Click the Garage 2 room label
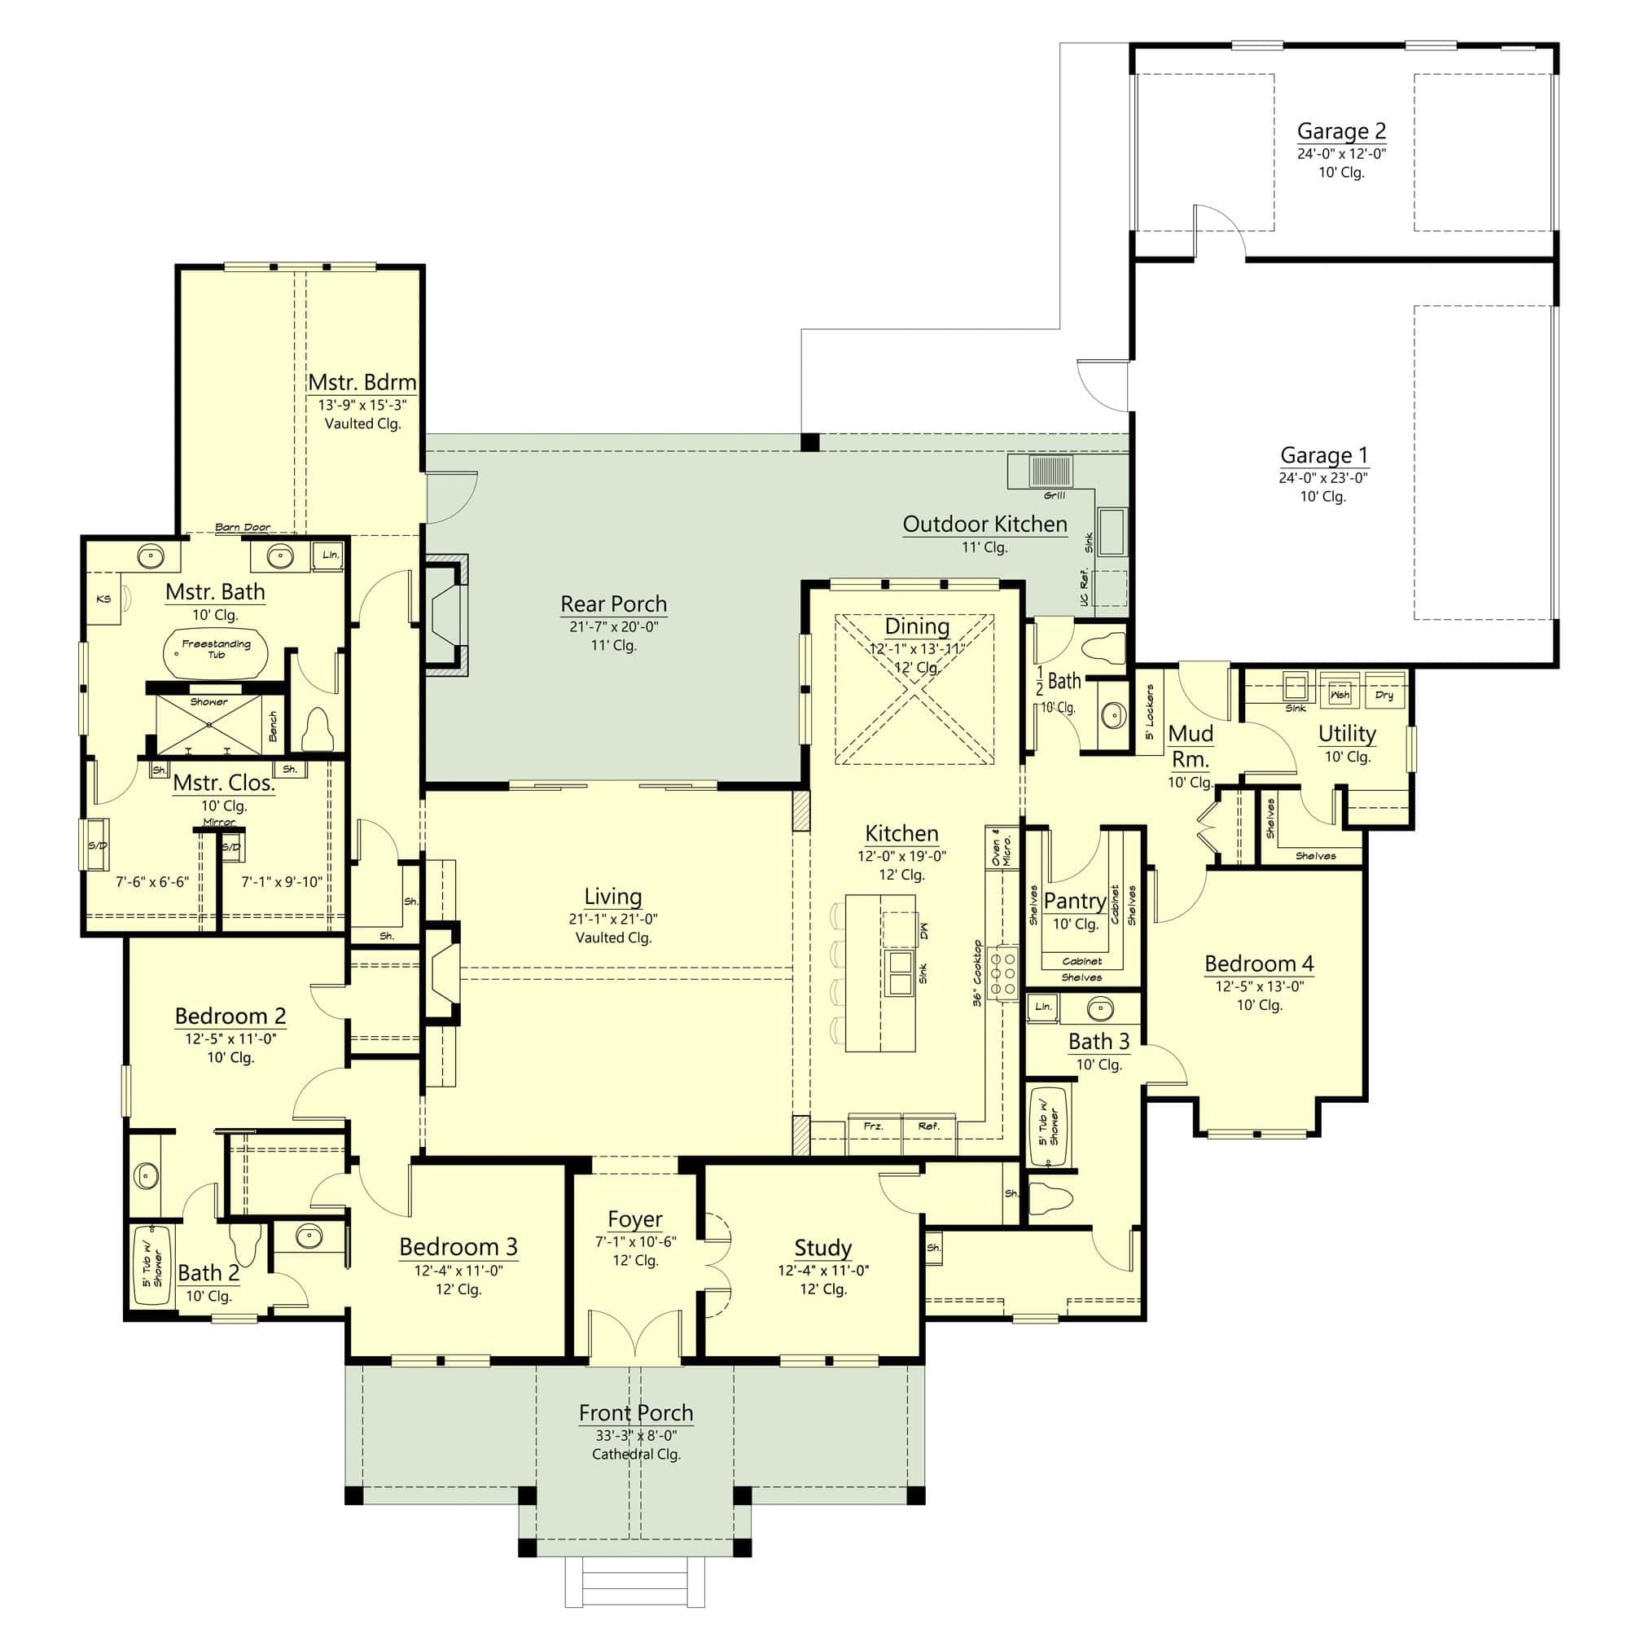tap(1340, 130)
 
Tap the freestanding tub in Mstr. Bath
tap(215, 651)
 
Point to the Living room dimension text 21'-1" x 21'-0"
tap(613, 919)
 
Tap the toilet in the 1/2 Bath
tap(1103, 648)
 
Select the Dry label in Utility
tap(1384, 695)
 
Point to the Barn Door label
tap(243, 527)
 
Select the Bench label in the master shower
tap(272, 725)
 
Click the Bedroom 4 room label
tap(1258, 963)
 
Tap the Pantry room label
tap(1074, 902)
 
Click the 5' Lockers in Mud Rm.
tap(1149, 711)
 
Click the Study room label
tap(822, 1247)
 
